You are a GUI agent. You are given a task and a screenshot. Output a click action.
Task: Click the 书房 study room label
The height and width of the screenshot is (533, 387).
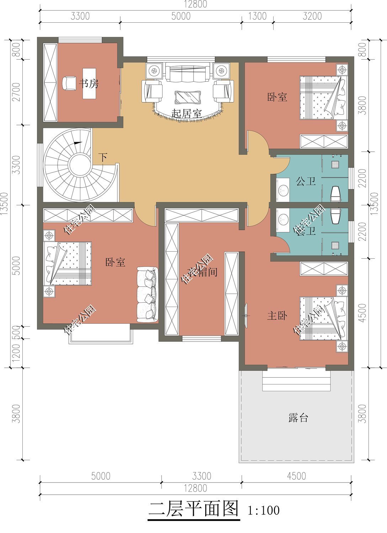(89, 84)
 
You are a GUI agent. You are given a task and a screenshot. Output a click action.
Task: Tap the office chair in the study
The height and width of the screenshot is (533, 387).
(68, 84)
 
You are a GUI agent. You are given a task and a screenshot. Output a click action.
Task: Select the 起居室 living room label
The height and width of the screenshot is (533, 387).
(186, 114)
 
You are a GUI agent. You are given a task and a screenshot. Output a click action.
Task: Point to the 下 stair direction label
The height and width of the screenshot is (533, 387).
(103, 157)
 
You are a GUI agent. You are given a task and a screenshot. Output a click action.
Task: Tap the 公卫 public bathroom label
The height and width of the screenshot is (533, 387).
(306, 182)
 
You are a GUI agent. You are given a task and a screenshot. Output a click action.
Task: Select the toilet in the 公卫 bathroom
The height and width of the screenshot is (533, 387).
(336, 194)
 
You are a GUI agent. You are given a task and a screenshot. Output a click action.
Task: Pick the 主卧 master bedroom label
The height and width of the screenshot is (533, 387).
(277, 316)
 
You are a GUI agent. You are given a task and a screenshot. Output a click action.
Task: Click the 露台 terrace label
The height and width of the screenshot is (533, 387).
(298, 418)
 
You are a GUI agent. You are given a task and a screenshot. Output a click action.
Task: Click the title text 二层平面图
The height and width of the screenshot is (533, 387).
(193, 509)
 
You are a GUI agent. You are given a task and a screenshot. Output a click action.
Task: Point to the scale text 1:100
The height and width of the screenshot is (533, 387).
(263, 511)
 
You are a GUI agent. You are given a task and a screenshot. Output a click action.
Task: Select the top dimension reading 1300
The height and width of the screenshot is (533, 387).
(257, 16)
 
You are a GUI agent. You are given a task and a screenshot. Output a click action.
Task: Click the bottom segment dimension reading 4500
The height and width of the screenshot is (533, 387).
(296, 475)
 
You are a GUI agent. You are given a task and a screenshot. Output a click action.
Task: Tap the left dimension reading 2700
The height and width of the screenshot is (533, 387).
(16, 92)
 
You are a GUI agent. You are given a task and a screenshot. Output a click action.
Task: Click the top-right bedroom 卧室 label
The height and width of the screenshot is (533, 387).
(277, 97)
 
